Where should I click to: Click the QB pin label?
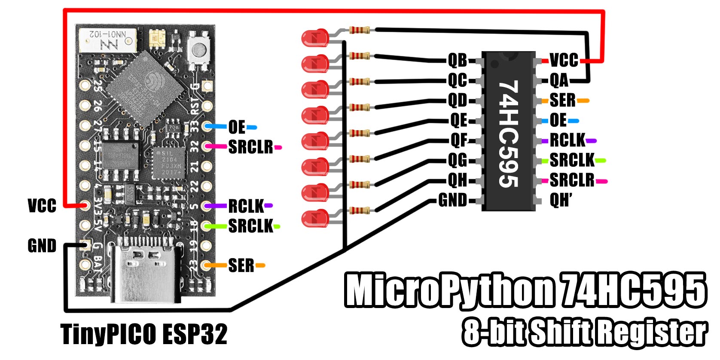pyautogui.click(x=458, y=61)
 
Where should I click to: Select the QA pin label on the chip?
pyautogui.click(x=559, y=80)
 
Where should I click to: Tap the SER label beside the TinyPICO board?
pyautogui.click(x=241, y=265)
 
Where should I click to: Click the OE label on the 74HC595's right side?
pyautogui.click(x=558, y=120)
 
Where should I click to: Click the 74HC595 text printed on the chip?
pyautogui.click(x=509, y=134)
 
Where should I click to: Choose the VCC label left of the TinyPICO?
pyautogui.click(x=42, y=205)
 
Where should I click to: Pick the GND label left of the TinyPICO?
pyautogui.click(x=42, y=246)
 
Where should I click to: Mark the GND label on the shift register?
pyautogui.click(x=452, y=200)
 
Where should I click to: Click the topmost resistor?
pyautogui.click(x=359, y=30)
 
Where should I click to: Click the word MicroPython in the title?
pyautogui.click(x=449, y=290)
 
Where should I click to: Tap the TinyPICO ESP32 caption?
pyautogui.click(x=144, y=334)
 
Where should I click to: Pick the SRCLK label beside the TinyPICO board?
pyautogui.click(x=250, y=226)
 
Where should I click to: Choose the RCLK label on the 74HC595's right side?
pyautogui.click(x=567, y=140)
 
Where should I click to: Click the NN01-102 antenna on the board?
pyautogui.click(x=107, y=40)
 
